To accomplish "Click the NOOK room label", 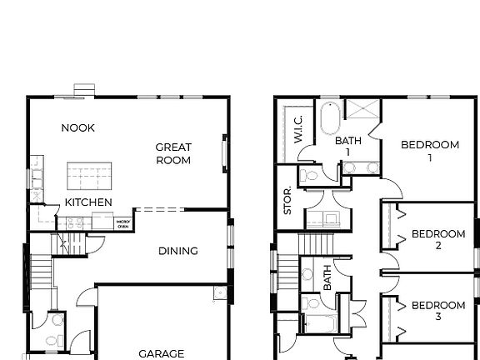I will (78, 127).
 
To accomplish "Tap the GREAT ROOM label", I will (173, 153).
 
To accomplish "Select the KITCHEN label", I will (88, 202).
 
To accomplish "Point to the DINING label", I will (178, 251).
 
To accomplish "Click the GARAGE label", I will (162, 353).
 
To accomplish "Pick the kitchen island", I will (90, 176).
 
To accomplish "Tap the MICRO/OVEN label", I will (122, 222).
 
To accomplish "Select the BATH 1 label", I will (348, 146).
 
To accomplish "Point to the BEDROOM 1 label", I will (430, 150).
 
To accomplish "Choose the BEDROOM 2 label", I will (438, 240).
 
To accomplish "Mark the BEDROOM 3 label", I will (438, 311).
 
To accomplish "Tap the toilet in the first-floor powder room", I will (56, 321).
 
